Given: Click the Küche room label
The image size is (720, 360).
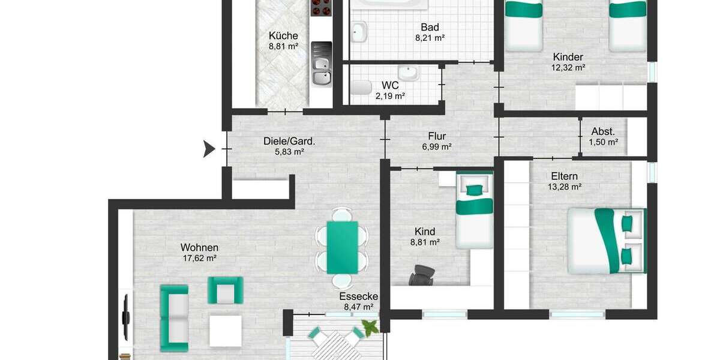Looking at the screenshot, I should (283, 35).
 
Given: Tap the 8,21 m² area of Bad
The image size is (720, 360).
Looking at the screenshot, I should (430, 38).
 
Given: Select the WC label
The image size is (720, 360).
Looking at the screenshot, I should (390, 85).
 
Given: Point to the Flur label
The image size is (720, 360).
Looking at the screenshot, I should (436, 136).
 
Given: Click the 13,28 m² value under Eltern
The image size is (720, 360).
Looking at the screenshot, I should (564, 187).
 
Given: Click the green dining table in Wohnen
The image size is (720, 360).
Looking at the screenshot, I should (342, 247).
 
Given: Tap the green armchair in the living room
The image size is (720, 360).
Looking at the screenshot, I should (225, 290).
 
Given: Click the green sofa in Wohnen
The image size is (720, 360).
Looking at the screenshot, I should (174, 318).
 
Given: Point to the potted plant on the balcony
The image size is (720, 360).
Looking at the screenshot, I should (370, 327).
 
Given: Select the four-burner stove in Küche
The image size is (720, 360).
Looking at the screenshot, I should (320, 8).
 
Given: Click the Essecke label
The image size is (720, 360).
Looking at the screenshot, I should (358, 296).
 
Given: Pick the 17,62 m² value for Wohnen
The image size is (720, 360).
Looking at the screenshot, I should (199, 258).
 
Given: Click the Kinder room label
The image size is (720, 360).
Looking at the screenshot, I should (568, 57).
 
